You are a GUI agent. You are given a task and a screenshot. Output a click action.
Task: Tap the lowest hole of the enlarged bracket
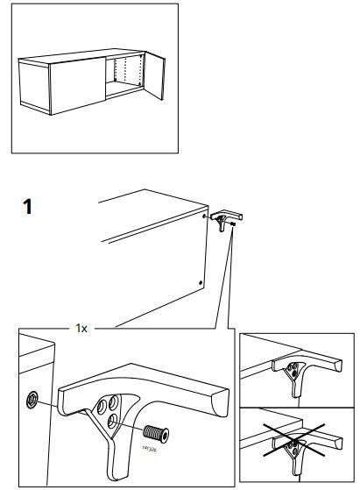[112, 425]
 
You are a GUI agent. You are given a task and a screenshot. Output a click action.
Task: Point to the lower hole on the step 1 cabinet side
[201, 282]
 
